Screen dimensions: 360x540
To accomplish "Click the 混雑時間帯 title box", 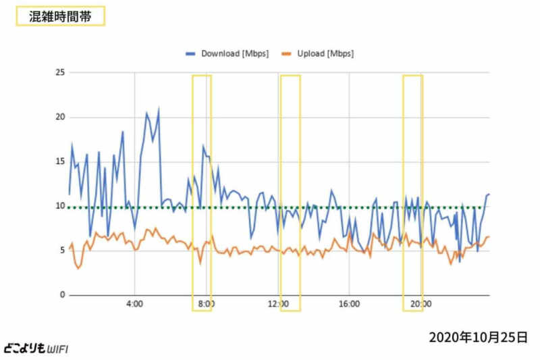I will (x=60, y=16).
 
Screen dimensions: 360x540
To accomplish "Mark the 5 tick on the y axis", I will (x=61, y=251).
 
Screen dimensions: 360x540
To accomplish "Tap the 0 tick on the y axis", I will (x=61, y=295).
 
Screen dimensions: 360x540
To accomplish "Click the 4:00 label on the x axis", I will (x=134, y=305).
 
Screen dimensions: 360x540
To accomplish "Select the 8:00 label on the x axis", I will (x=206, y=305).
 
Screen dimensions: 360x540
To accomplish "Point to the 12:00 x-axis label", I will (x=277, y=305).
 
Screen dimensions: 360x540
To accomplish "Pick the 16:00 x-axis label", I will (x=349, y=305).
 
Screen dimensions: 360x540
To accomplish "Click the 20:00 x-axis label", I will (x=421, y=305).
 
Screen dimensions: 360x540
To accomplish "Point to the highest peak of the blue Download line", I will (x=159, y=108).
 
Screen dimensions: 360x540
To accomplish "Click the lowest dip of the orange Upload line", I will (x=78, y=269).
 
